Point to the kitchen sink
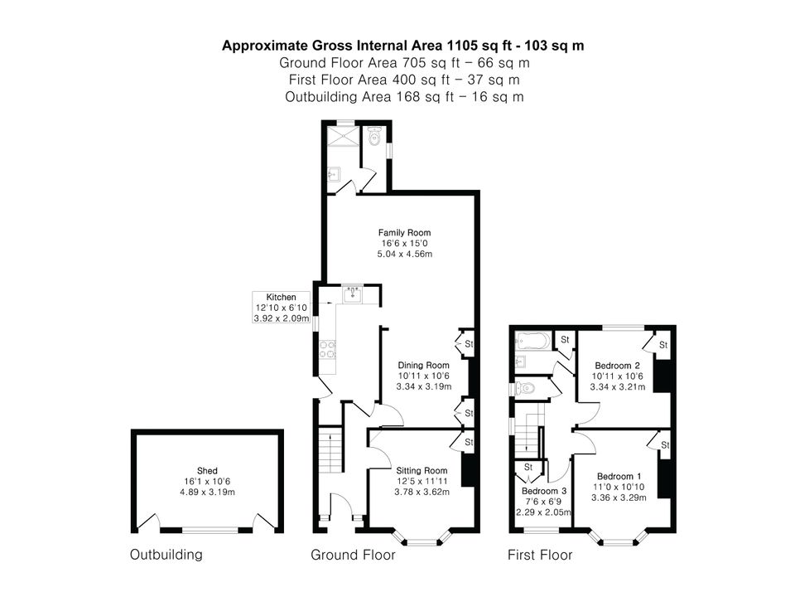(x=353, y=294)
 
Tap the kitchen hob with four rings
(x=328, y=350)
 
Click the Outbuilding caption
(x=166, y=555)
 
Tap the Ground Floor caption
(x=353, y=555)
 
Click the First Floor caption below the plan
(x=540, y=555)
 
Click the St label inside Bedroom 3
(x=528, y=467)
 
